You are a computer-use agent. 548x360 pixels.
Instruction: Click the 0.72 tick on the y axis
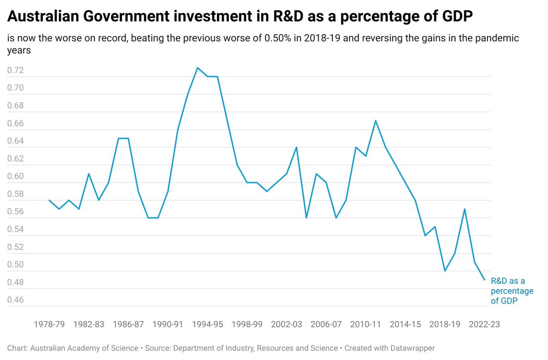(16, 71)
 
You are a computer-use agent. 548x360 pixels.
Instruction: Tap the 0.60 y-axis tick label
(16, 177)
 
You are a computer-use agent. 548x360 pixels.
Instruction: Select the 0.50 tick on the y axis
(16, 265)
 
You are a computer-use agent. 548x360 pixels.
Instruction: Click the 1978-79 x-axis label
(49, 324)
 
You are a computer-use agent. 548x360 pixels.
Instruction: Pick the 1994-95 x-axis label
(207, 324)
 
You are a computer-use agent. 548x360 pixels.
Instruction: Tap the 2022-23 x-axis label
(485, 324)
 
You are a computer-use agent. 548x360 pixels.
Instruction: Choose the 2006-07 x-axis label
(326, 324)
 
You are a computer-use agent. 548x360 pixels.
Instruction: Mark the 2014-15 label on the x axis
(405, 324)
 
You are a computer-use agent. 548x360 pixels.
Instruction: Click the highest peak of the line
(197, 68)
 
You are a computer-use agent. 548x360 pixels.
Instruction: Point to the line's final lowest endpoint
(484, 280)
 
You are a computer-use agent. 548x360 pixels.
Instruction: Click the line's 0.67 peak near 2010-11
(375, 121)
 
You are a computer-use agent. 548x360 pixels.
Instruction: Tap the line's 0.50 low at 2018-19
(445, 271)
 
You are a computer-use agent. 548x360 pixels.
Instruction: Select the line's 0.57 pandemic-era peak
(464, 209)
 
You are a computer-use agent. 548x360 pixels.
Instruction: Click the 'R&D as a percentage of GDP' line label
(511, 291)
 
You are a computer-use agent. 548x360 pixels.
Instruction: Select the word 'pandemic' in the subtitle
(495, 38)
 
